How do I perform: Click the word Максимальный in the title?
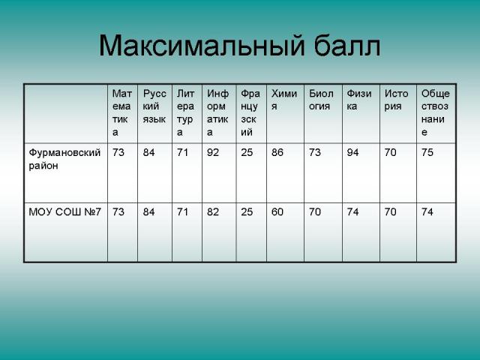[202, 46]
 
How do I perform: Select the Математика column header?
[121, 112]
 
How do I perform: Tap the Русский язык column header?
[154, 106]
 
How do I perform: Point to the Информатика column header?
[217, 112]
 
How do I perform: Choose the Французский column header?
[250, 112]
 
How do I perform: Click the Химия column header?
[284, 100]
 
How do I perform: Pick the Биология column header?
[321, 100]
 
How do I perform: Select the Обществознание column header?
[435, 112]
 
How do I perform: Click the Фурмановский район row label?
[64, 159]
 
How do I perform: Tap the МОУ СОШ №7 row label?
[64, 211]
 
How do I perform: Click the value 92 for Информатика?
[213, 152]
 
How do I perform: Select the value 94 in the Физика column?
[352, 152]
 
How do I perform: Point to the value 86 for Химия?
[277, 152]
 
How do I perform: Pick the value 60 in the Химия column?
[277, 211]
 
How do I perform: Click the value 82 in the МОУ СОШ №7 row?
[213, 211]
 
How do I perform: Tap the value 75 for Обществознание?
[427, 152]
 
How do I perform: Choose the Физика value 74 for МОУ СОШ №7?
[352, 211]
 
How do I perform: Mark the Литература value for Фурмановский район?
[182, 152]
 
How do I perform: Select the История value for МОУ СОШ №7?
[390, 211]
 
